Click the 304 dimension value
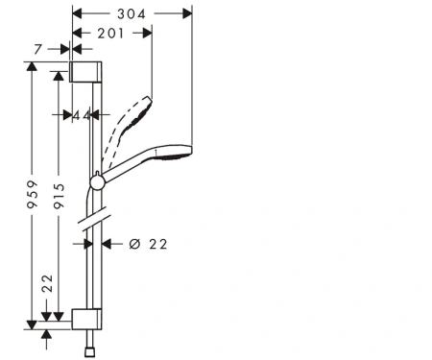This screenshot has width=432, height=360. (x=132, y=14)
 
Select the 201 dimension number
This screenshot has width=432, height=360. (x=110, y=34)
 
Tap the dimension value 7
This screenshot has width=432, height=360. (x=38, y=49)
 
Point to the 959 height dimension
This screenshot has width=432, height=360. (x=32, y=195)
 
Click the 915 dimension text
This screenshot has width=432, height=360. (x=59, y=196)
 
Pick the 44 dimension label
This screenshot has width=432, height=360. (x=82, y=115)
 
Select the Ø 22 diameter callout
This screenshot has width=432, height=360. (x=148, y=244)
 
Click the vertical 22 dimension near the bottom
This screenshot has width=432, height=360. (x=47, y=283)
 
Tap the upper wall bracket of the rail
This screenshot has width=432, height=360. (x=85, y=72)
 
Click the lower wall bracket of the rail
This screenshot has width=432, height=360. (x=86, y=319)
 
